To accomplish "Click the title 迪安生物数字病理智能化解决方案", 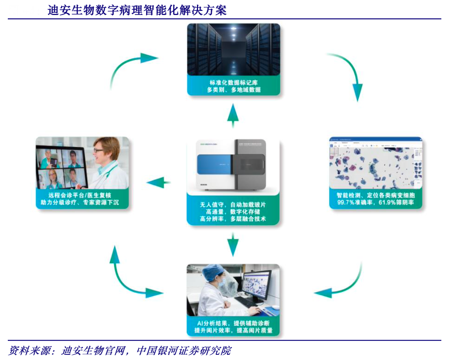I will click(x=137, y=10).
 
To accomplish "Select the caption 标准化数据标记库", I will click(x=233, y=82).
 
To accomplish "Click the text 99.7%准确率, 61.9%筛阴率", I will click(x=375, y=203).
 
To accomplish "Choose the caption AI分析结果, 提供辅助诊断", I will click(x=233, y=323).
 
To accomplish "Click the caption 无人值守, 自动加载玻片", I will click(x=233, y=205).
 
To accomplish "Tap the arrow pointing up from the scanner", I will click(x=233, y=114).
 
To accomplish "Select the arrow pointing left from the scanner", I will click(x=159, y=182).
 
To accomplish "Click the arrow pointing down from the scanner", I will click(x=233, y=244).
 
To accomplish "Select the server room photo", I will click(x=233, y=49).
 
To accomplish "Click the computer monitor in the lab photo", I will click(x=258, y=286).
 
